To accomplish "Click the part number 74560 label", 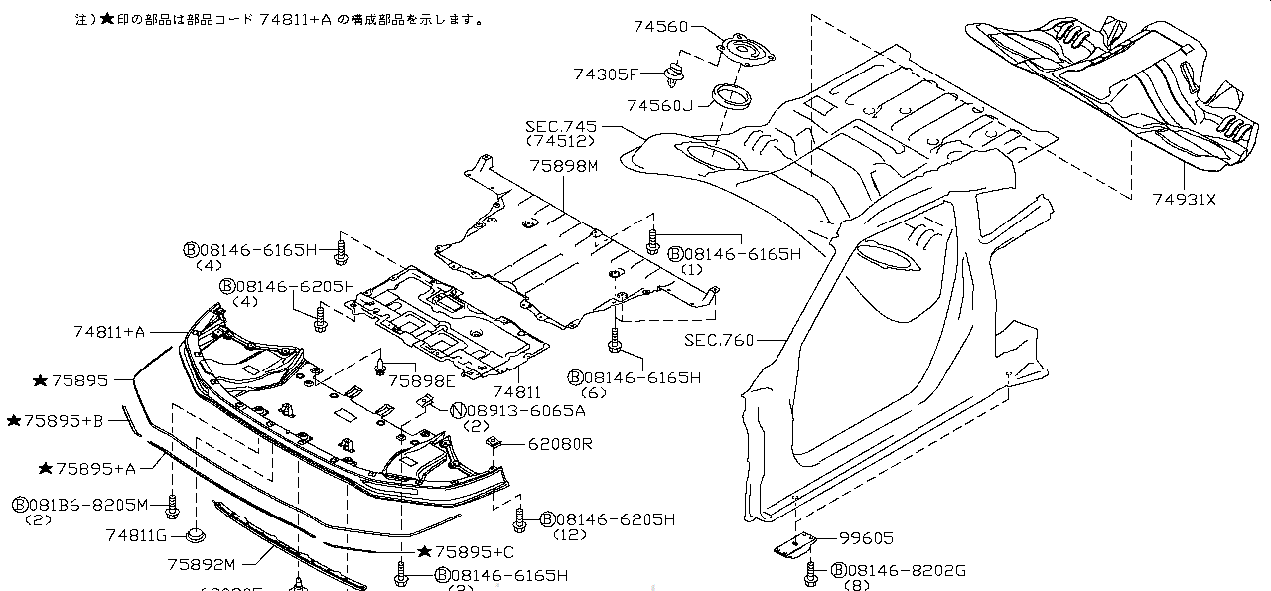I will (660, 27).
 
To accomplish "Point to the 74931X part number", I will (1183, 200).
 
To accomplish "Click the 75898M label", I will (563, 166).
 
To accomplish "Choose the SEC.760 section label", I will (719, 340).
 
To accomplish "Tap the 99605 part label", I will (866, 538).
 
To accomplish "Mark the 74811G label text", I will (136, 535).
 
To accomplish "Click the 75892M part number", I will (201, 564).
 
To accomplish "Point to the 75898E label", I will (422, 380).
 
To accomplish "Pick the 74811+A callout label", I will (109, 331).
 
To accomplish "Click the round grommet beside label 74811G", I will (196, 537).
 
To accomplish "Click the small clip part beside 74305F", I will (677, 73).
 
